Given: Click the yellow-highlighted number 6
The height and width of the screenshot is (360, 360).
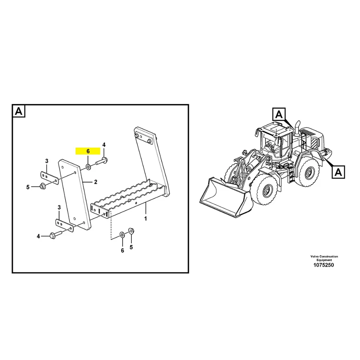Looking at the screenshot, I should tap(88, 151).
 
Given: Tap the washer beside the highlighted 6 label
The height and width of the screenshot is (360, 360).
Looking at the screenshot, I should tap(87, 166).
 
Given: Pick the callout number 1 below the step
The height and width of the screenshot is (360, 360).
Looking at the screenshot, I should tap(146, 219).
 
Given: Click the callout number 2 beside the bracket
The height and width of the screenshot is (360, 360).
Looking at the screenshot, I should tap(95, 182).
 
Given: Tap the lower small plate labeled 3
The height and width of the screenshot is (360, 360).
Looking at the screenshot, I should tap(64, 226).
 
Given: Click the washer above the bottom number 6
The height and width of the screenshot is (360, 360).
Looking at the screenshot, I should tap(122, 234).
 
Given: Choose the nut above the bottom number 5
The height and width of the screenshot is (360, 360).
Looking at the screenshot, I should tap(131, 231).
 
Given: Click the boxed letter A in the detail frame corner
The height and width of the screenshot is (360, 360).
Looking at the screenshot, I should tap(19, 112).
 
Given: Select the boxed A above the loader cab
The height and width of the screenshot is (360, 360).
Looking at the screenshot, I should tap(279, 114).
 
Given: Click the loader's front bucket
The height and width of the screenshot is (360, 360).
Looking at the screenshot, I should tap(225, 199).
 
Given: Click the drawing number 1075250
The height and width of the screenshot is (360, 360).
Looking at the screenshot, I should tap(324, 265).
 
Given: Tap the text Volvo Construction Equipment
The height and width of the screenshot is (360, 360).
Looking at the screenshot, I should tap(324, 258).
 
